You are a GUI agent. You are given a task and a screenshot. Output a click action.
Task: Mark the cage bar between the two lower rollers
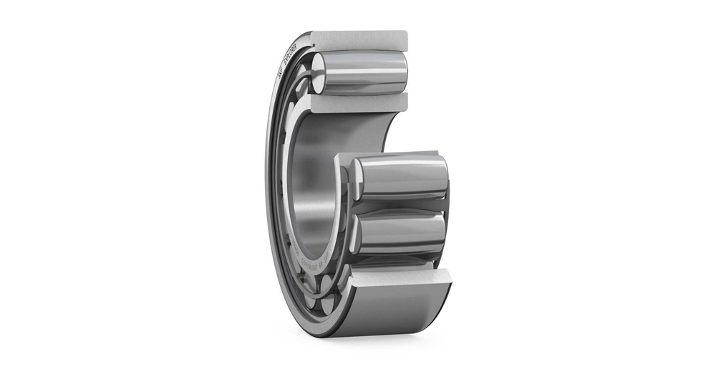pyautogui.click(x=398, y=206)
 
